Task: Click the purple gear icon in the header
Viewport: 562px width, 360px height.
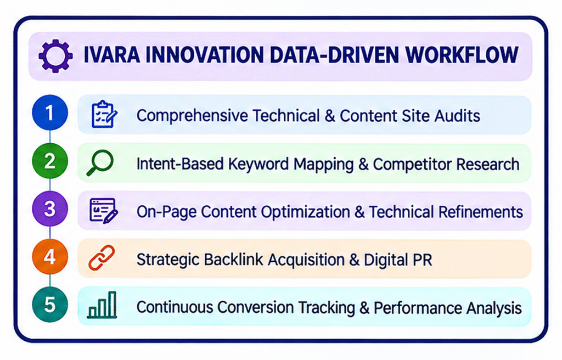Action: [x=55, y=56]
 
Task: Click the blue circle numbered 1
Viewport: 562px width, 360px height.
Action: [x=50, y=113]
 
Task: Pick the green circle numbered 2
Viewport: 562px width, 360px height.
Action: [x=50, y=161]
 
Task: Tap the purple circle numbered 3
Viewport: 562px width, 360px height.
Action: [x=50, y=209]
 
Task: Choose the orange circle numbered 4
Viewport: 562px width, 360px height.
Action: [x=50, y=257]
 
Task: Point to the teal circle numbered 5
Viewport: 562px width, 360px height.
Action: [x=50, y=305]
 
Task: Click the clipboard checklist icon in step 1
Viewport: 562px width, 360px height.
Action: [x=104, y=114]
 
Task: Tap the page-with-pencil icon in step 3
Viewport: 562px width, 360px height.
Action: [x=104, y=211]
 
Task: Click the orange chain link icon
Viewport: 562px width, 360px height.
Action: [x=102, y=258]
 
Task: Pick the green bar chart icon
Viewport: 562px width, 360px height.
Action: [x=102, y=305]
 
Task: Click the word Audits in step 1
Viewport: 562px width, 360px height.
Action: [x=457, y=116]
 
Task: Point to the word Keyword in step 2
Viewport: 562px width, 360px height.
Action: [x=258, y=164]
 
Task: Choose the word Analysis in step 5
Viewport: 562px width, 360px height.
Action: [x=494, y=308]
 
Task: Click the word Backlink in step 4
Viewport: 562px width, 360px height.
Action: [x=233, y=260]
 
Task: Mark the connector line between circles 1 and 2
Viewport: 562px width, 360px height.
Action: [x=50, y=137]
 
